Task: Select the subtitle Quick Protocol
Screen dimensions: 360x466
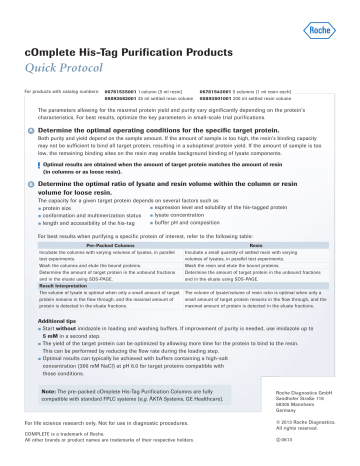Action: click(71, 56)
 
